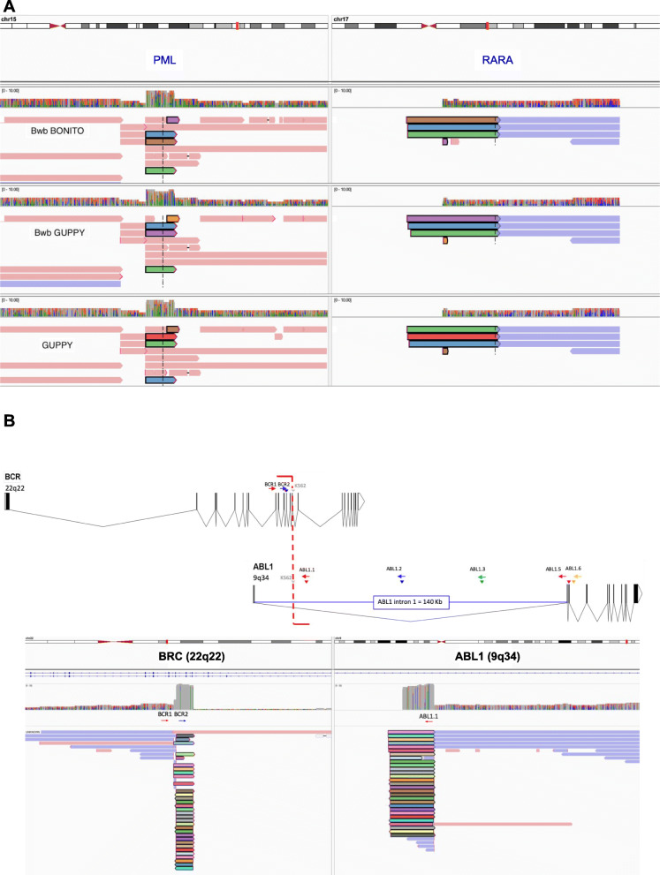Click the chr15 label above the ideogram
[x=11, y=19]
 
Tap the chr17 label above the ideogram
[x=343, y=19]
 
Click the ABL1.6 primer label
[x=573, y=570]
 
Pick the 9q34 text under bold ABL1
[x=262, y=579]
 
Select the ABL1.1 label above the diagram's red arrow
[x=308, y=570]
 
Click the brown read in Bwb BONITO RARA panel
[x=451, y=119]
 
